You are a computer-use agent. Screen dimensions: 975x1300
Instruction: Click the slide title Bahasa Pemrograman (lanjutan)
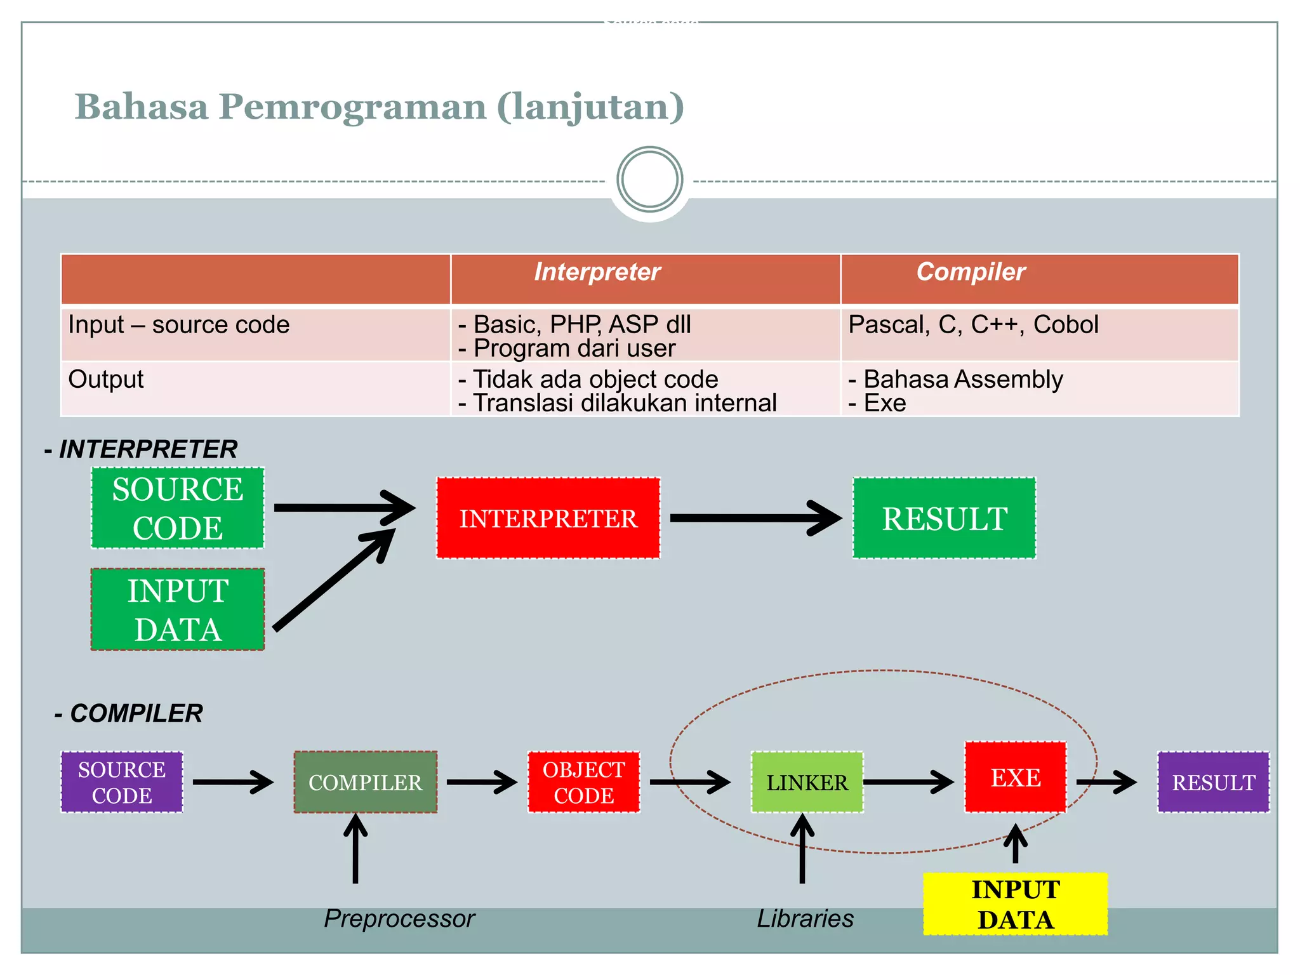click(379, 107)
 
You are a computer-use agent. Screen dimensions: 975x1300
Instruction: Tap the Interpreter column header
click(597, 272)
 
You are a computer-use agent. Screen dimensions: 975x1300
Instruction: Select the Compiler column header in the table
click(971, 272)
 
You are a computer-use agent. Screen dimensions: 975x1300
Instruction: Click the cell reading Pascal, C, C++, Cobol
click(972, 325)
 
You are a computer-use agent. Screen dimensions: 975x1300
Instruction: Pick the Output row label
click(106, 380)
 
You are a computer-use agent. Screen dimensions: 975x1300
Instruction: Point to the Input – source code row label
click(178, 325)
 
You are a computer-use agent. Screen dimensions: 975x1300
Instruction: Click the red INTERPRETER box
click(548, 518)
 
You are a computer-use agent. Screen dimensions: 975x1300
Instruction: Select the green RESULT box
click(944, 518)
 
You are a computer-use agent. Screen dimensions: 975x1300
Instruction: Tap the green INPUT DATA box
click(178, 609)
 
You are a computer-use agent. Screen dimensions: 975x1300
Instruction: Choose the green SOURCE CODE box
click(178, 508)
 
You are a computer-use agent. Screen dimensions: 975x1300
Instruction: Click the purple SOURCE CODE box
click(122, 782)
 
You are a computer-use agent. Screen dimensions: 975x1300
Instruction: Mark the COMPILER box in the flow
click(365, 782)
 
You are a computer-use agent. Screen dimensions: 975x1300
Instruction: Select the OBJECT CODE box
click(583, 782)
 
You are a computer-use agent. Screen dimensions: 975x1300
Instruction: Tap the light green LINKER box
click(807, 782)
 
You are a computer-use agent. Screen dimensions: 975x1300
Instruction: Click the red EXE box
click(1015, 777)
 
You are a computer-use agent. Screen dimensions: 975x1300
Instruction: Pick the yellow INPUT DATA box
click(1015, 904)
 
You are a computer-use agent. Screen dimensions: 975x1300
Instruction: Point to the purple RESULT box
click(1213, 782)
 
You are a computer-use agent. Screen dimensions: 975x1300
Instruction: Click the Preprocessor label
click(399, 919)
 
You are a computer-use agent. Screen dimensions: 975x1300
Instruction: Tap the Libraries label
click(805, 919)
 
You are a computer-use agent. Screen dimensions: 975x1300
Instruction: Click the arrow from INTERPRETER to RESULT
click(755, 518)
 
